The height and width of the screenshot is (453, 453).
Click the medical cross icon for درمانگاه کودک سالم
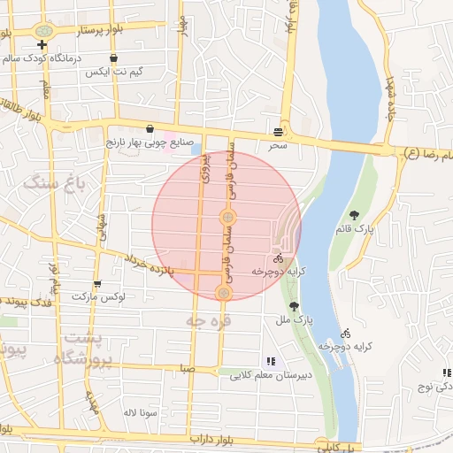tap(42, 43)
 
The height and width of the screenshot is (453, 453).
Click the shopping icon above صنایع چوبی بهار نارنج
tap(150, 127)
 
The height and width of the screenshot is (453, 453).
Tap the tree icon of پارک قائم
tap(355, 215)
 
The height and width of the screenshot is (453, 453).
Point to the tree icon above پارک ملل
tap(283, 306)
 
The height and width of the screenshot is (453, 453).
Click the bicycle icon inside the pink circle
tap(278, 259)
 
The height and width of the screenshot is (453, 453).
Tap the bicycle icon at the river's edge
tap(346, 334)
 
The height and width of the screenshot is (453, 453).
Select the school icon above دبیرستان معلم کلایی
tap(270, 361)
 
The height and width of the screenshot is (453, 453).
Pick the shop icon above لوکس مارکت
tap(96, 284)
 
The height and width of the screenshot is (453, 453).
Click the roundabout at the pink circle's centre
tap(227, 217)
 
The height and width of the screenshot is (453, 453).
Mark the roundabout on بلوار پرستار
tap(42, 29)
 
